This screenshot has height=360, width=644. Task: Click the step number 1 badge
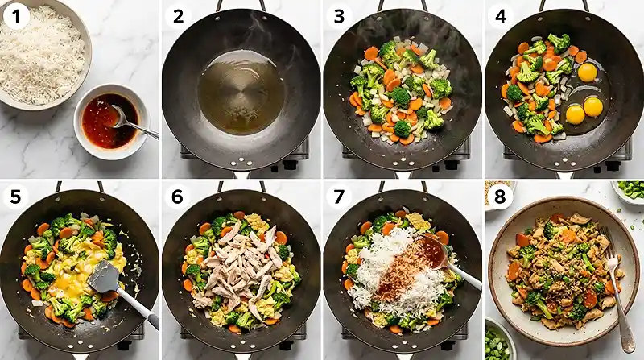[x=15, y=15]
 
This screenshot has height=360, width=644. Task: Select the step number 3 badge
[x=339, y=15]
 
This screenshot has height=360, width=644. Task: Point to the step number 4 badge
[x=500, y=15]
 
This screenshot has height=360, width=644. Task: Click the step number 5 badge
[x=15, y=197]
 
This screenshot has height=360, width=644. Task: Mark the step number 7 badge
[x=339, y=197]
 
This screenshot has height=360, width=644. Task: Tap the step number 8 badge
[x=500, y=197]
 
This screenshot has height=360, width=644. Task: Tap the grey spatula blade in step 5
[x=104, y=277]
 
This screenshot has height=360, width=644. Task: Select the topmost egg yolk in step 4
[x=588, y=72]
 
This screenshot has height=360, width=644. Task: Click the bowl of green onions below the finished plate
[x=499, y=342]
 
